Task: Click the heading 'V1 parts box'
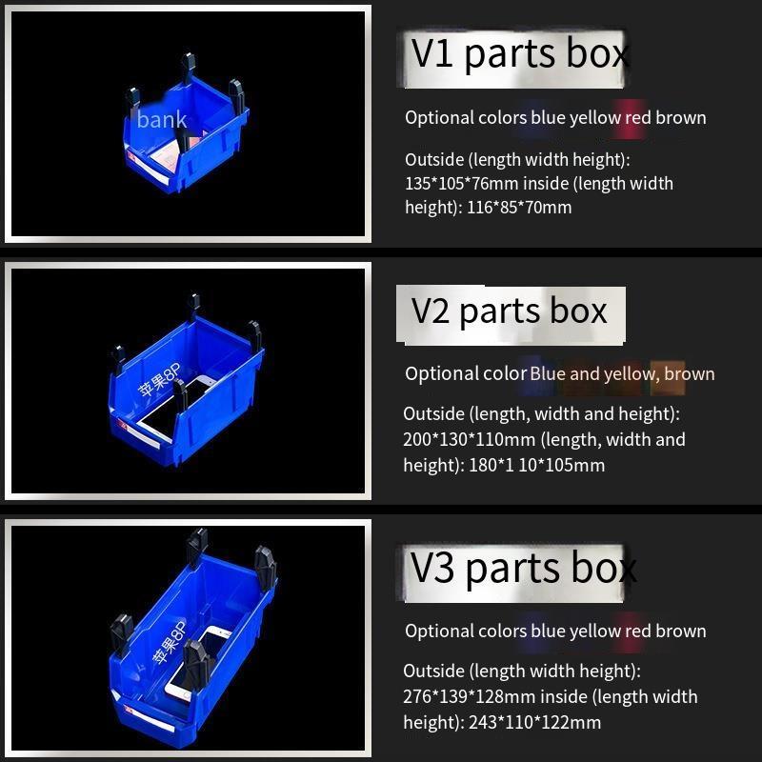click(x=520, y=54)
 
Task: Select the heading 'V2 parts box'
click(x=509, y=311)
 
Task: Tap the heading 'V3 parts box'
click(x=523, y=569)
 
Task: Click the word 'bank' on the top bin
click(x=162, y=120)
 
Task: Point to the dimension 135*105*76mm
click(x=462, y=184)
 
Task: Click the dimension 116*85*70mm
click(x=519, y=208)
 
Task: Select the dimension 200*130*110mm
click(x=469, y=440)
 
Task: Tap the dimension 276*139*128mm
click(x=469, y=697)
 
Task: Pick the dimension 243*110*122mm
click(x=534, y=723)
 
